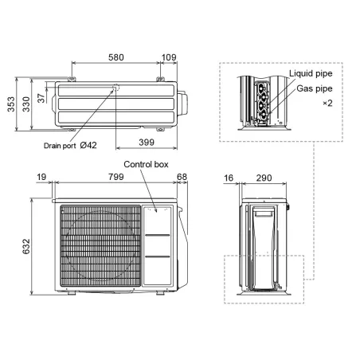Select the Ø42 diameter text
tap(88, 145)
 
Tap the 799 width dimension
tap(112, 177)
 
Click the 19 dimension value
tap(41, 177)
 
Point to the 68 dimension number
tap(182, 177)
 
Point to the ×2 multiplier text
tap(327, 104)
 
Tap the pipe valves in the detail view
tap(260, 102)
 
